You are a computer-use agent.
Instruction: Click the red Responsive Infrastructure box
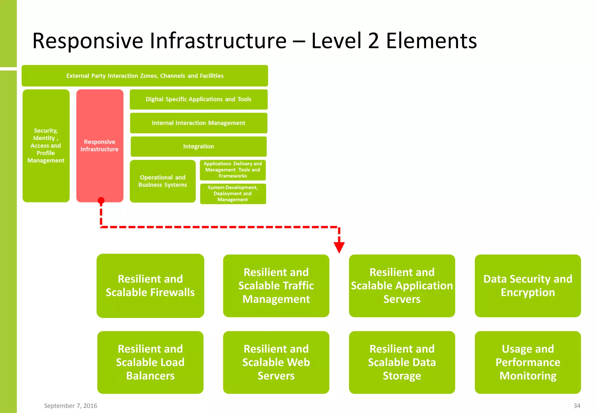coord(100,146)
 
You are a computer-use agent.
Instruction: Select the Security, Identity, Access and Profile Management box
coord(46,146)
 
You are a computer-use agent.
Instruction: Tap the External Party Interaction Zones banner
coord(145,76)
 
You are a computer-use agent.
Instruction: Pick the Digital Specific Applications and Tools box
coord(198,99)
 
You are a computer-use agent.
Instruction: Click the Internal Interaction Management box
coord(198,123)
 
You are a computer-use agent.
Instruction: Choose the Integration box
coord(198,147)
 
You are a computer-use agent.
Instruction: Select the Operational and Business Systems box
coord(163,181)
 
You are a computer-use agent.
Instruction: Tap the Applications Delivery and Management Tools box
coord(233,170)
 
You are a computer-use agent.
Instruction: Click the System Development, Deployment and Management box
coord(233,194)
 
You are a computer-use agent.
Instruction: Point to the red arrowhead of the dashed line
coord(339,247)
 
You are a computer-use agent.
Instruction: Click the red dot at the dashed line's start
coord(101,200)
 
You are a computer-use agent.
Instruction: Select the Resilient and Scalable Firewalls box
coord(150,286)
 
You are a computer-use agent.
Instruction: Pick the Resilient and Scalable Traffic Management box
coord(276,286)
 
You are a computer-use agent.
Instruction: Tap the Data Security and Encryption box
coord(528,286)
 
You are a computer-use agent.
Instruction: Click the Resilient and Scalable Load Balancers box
coord(150,362)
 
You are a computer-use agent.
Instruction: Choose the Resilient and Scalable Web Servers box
coord(276,362)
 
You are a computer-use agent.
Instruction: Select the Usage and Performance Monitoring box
coord(528,362)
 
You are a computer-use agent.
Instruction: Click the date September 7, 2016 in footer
coord(70,406)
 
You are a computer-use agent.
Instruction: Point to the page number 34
coord(577,406)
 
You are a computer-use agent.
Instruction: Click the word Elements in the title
coord(431,41)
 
